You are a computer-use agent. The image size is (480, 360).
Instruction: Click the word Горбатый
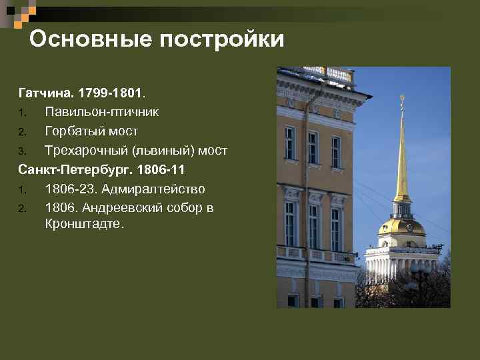tap(72, 129)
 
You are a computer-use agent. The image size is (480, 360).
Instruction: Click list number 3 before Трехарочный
tap(22, 150)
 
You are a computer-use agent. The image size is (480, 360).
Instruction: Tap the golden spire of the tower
tap(402, 160)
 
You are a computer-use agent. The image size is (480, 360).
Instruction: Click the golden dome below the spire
tap(402, 227)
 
